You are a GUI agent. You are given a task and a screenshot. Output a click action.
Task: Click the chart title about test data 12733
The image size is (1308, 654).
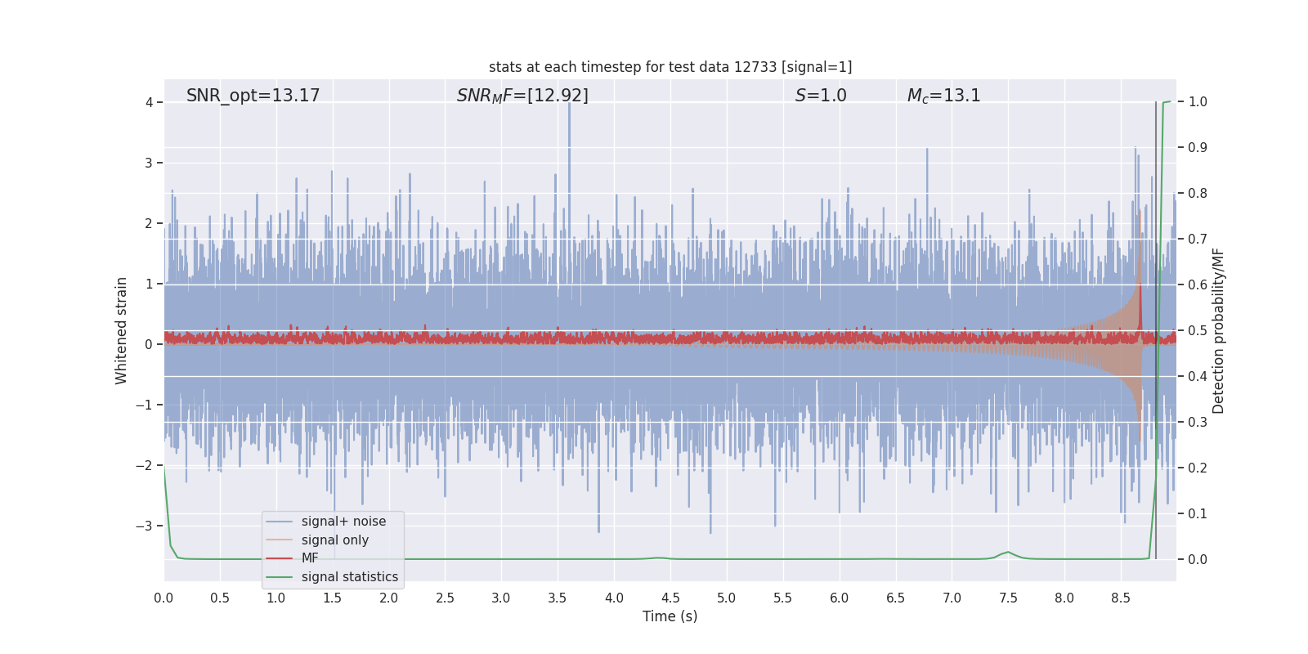670,67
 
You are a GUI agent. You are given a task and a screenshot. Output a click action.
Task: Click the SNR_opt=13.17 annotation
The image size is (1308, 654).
253,96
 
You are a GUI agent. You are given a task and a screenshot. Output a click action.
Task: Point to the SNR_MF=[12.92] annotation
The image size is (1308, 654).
522,96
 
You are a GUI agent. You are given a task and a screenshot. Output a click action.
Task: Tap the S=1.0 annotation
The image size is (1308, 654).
821,96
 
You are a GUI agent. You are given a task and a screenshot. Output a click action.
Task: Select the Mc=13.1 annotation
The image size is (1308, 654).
943,96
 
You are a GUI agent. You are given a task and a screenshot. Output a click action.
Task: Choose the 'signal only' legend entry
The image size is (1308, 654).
334,540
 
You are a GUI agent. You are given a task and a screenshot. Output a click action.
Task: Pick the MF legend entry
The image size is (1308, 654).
310,558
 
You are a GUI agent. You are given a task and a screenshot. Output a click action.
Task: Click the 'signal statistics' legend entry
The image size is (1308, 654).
349,577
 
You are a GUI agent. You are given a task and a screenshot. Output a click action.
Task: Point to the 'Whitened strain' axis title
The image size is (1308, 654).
122,330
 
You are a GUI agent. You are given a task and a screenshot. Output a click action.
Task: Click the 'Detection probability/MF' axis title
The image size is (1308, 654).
1218,330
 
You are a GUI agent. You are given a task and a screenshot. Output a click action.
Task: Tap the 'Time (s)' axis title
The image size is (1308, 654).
670,616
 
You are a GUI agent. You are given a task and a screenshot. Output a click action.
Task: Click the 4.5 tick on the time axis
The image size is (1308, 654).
670,598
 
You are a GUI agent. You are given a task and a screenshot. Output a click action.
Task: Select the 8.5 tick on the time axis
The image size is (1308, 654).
1120,598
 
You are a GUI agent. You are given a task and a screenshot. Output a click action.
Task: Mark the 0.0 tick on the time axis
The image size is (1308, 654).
163,598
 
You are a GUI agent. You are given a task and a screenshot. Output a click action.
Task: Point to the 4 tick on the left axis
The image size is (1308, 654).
150,102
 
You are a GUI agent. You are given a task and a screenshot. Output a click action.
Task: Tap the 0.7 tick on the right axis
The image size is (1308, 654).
1198,240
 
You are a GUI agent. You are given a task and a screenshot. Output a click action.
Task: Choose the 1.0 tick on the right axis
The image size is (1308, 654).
1198,102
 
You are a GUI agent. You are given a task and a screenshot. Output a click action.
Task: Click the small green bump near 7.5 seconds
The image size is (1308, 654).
1008,553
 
